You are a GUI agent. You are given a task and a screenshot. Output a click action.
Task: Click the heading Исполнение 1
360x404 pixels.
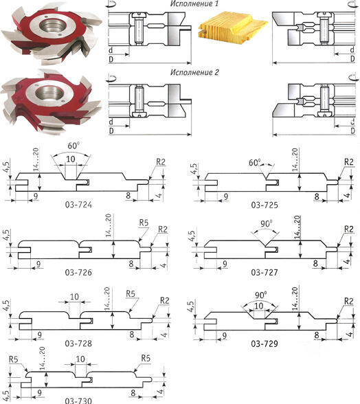coord(194,3)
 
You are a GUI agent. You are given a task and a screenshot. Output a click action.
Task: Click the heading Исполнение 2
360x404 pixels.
coord(194,72)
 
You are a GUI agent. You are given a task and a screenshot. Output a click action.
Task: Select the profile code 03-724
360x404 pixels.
coord(78,205)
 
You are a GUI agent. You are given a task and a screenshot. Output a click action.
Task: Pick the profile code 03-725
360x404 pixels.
coord(265,205)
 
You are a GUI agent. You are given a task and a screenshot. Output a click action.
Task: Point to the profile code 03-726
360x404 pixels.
coord(78,272)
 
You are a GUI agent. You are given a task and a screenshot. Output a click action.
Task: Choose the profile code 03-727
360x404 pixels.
coord(265,272)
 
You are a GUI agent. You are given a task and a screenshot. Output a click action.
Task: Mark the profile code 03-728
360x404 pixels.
coord(78,344)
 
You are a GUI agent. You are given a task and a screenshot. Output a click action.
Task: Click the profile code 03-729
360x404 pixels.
coord(265,344)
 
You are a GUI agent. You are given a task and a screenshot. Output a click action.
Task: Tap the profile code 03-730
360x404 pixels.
coord(78,401)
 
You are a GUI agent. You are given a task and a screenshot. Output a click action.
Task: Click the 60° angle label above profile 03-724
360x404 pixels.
coord(74,146)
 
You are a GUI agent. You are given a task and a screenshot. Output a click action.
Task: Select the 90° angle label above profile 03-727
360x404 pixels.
coord(266,224)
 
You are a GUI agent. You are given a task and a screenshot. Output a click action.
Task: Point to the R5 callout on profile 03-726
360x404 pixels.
coord(144,223)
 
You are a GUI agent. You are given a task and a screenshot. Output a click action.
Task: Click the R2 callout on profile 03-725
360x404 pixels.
coord(348,162)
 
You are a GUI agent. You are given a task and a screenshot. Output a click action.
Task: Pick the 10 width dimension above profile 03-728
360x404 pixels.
coord(74,297)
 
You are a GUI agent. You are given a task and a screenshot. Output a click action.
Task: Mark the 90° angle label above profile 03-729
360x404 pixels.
coord(261,295)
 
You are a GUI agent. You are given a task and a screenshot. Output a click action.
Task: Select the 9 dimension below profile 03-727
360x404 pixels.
coord(225,264)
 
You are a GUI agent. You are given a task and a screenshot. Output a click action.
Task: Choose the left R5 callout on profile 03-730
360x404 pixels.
coord(14,359)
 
